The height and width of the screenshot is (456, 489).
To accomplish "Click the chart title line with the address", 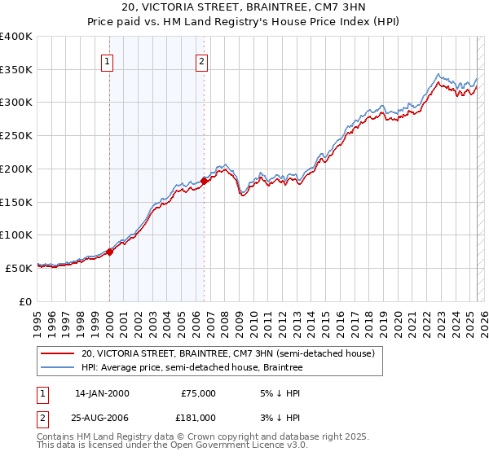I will coord(244,8).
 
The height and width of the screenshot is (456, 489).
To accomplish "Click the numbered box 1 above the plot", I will coord(108,59).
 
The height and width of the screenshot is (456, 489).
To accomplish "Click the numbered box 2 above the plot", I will coord(201,59).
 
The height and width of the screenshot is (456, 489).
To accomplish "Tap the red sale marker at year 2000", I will coord(109,252).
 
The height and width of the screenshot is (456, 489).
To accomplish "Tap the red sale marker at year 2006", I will coord(205,181).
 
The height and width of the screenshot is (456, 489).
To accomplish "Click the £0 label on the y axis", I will coord(27,301).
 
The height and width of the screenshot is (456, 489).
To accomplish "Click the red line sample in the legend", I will coord(57,354).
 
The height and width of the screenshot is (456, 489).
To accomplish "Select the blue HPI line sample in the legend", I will coord(57,368).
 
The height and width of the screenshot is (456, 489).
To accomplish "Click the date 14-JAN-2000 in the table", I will coord(102,393).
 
